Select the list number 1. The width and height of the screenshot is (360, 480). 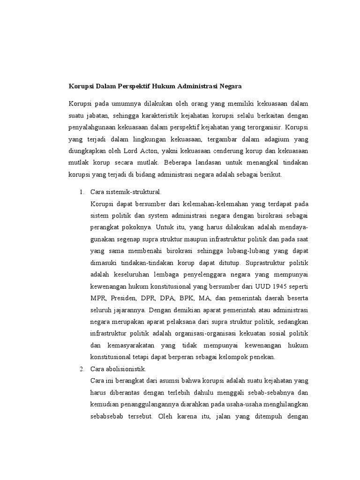point(81,192)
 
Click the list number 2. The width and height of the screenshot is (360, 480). point(81,369)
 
